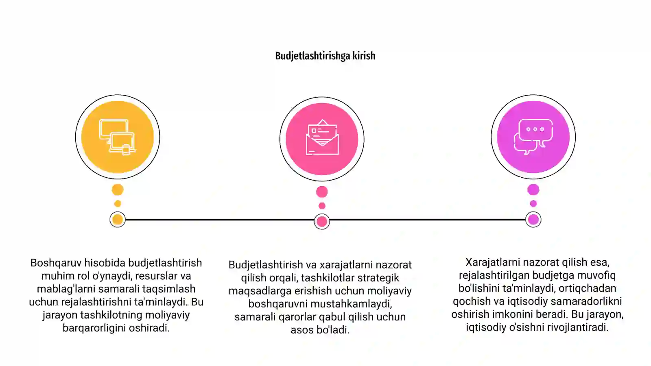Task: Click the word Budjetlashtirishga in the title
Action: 312,56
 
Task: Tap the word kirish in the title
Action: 364,55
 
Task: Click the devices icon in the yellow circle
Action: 118,137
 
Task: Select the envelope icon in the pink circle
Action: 322,137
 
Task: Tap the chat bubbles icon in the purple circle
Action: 533,137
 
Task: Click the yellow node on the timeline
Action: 118,220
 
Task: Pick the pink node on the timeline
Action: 322,222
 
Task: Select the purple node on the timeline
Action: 533,220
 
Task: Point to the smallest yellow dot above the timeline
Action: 118,204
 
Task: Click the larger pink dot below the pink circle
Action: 322,192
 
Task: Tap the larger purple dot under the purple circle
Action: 533,190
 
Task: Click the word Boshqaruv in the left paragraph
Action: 56,263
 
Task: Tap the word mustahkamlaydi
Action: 352,304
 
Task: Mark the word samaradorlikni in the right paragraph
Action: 586,301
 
